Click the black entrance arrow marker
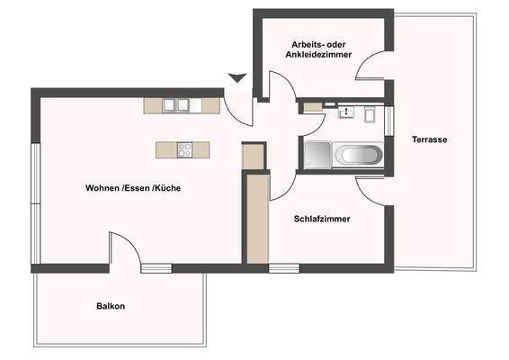click(237, 80)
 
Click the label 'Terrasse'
click(430, 139)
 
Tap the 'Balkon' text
click(111, 306)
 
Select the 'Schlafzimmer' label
click(322, 219)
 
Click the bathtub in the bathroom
click(359, 155)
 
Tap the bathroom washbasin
click(345, 112)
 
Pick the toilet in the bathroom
click(371, 113)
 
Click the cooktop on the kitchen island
click(184, 149)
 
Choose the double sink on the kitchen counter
click(176, 105)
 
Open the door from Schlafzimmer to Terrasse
click(371, 192)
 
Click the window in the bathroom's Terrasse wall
click(390, 121)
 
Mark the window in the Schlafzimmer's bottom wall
click(284, 267)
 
